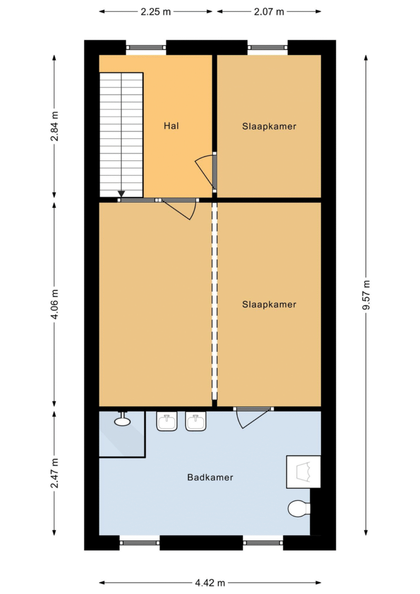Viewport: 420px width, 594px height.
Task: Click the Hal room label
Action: (171, 126)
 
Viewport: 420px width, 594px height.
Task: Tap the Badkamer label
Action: (210, 477)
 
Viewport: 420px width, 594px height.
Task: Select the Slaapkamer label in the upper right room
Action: (269, 126)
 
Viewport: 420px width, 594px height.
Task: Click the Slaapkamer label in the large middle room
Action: (269, 304)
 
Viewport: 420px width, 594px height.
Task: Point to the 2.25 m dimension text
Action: (156, 11)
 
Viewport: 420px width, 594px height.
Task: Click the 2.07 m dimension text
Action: (269, 11)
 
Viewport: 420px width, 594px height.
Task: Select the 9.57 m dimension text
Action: (366, 295)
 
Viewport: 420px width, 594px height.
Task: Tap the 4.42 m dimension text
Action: (210, 583)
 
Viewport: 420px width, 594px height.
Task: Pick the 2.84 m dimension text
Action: (55, 126)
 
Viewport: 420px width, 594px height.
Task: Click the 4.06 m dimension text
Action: (55, 304)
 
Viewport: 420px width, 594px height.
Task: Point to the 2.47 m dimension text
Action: (55, 473)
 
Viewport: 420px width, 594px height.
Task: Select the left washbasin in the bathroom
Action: (167, 421)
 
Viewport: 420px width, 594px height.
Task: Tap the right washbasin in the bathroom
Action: (196, 421)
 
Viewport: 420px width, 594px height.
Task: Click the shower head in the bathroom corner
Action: (122, 420)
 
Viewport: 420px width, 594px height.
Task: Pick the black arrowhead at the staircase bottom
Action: (121, 194)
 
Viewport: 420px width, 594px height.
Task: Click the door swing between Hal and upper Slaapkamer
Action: (205, 170)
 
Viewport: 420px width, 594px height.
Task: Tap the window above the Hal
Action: (146, 47)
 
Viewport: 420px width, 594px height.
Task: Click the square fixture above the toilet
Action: (304, 471)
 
